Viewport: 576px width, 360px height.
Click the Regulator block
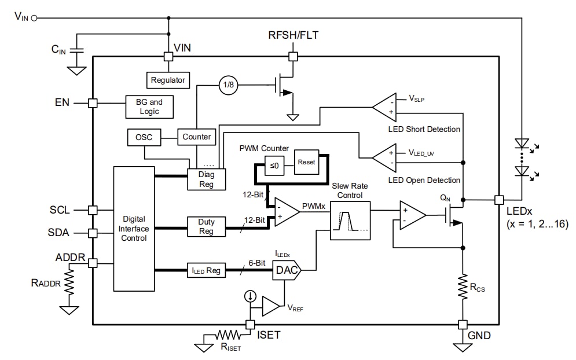click(x=168, y=80)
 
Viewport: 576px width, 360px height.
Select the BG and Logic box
click(x=149, y=106)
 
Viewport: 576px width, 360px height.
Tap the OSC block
click(x=144, y=137)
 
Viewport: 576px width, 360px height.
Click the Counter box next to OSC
click(x=197, y=137)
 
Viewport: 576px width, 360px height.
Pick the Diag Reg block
click(x=206, y=179)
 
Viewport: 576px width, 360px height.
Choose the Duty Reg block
click(x=206, y=226)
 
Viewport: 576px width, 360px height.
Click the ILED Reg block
click(x=206, y=270)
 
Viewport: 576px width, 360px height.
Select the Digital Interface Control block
click(x=133, y=229)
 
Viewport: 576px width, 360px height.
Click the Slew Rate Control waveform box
click(x=350, y=221)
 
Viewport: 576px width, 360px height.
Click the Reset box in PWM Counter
click(x=306, y=162)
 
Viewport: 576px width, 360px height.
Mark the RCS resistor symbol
click(x=463, y=285)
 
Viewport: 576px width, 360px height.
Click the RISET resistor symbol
click(x=228, y=335)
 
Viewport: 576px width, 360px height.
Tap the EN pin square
click(x=93, y=102)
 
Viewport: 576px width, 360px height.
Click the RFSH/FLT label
click(x=293, y=35)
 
